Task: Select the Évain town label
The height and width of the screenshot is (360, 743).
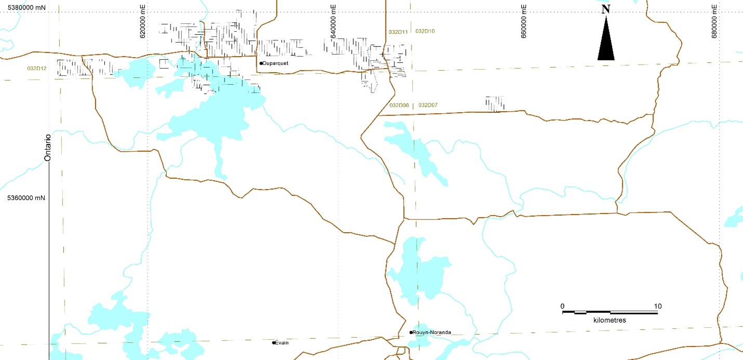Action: tap(282, 343)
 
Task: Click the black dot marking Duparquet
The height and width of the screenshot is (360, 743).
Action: tap(261, 63)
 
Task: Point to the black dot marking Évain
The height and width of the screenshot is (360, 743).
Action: tap(274, 343)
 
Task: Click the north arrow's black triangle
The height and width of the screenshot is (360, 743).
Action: tap(606, 42)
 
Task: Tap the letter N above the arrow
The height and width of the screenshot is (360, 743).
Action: tap(606, 9)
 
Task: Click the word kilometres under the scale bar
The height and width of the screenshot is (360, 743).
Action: tap(609, 321)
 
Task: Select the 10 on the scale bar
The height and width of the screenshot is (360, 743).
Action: tap(658, 306)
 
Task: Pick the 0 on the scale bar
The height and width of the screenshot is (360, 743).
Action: tap(563, 306)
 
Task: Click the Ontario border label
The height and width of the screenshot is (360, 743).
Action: tap(47, 148)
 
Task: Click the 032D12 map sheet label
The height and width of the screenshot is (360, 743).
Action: tap(37, 68)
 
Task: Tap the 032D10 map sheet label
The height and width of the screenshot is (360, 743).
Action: tap(425, 31)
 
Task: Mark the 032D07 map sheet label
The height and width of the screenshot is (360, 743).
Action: tap(428, 105)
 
